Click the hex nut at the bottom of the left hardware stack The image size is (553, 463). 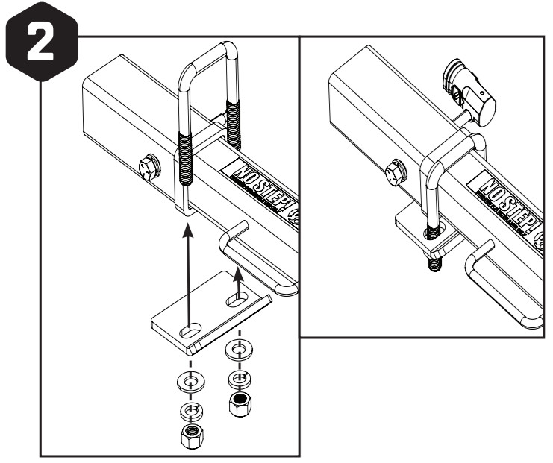pyautogui.click(x=193, y=435)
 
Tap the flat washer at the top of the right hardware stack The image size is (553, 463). pyautogui.click(x=238, y=350)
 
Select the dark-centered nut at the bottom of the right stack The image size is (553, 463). pyautogui.click(x=238, y=403)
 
